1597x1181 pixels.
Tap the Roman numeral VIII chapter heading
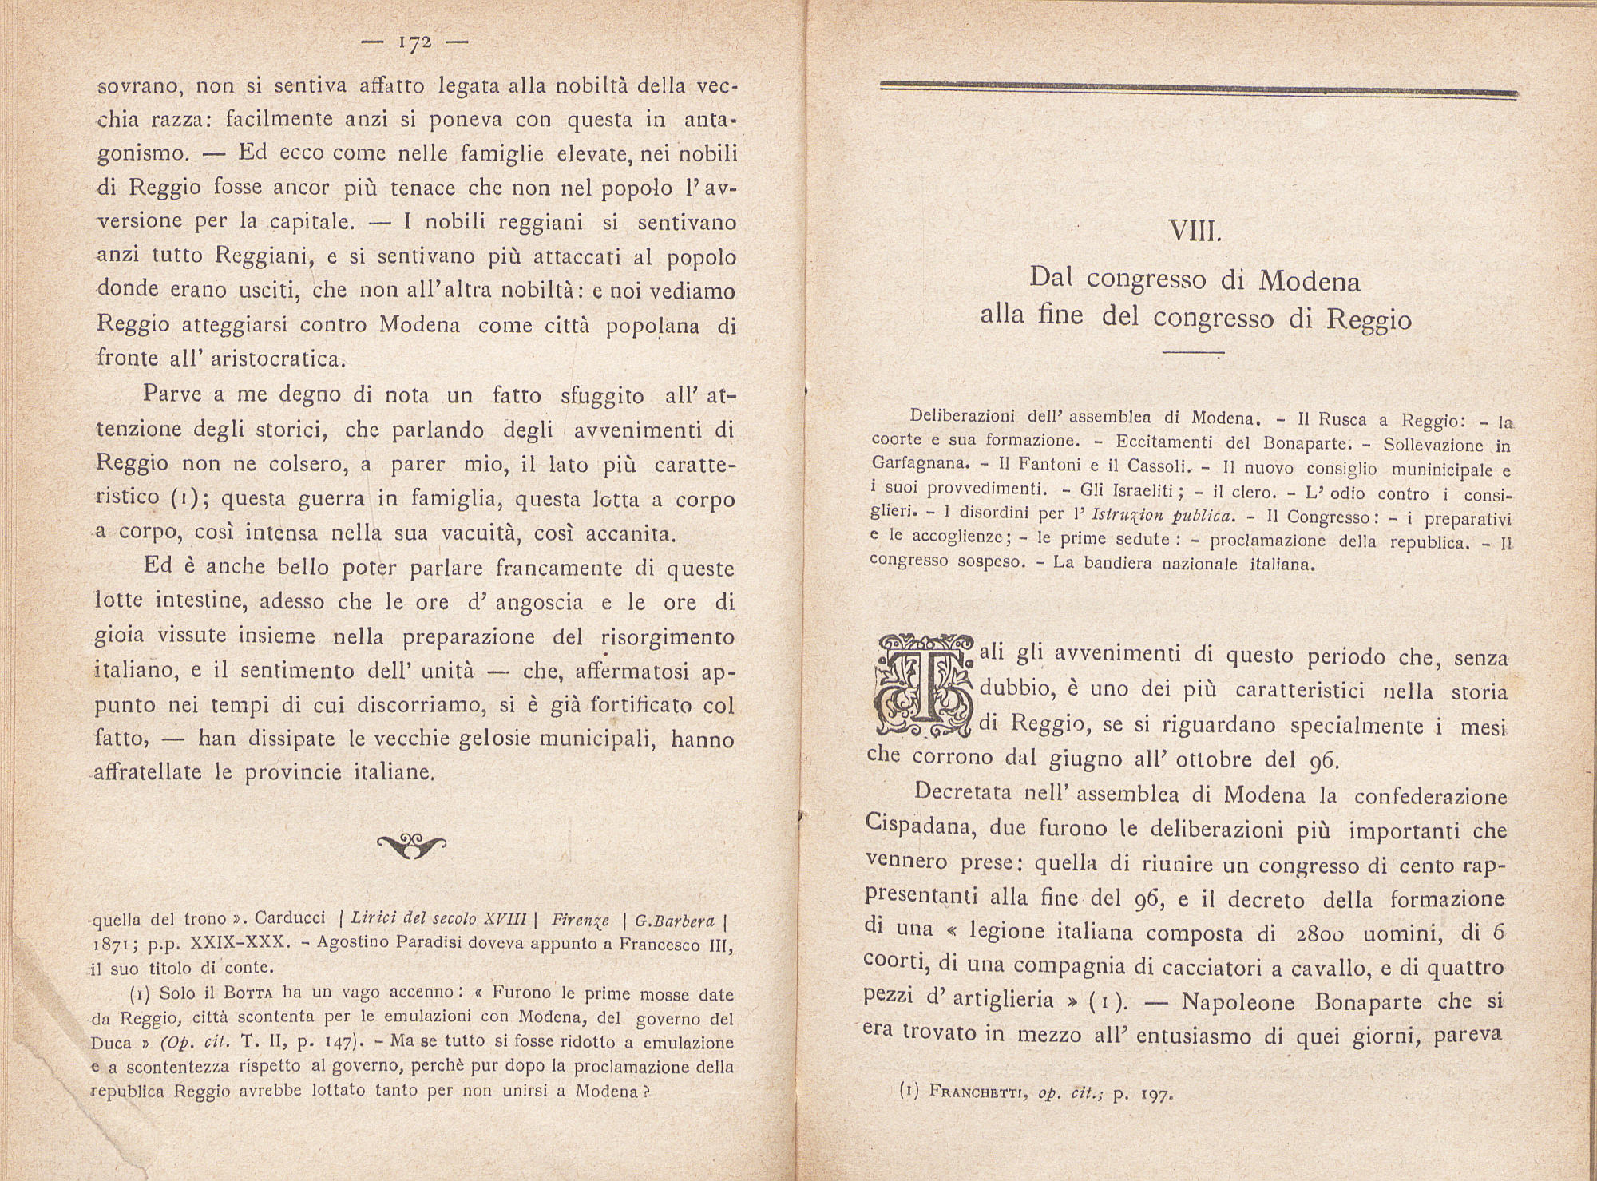[1195, 232]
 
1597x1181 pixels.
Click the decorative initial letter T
[923, 685]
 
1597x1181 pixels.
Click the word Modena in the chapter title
[1310, 280]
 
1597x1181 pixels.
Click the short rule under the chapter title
[1193, 353]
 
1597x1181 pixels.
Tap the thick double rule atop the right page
[1198, 89]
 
